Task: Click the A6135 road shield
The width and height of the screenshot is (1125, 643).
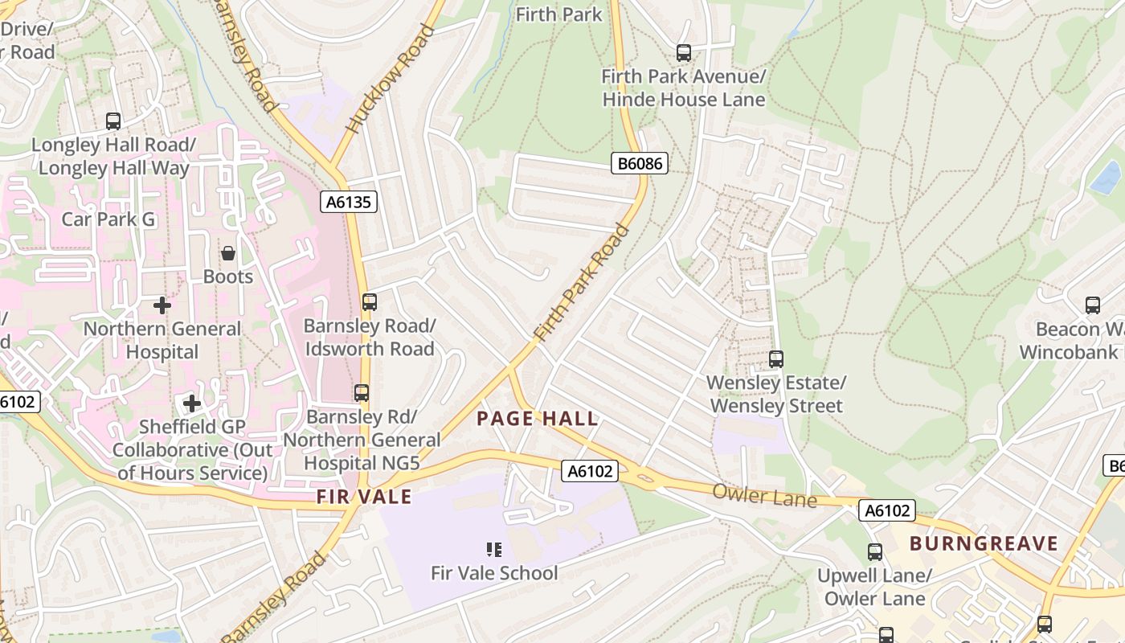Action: click(350, 202)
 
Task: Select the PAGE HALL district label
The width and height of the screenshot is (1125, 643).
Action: click(538, 418)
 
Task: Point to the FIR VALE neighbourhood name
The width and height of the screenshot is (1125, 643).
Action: click(364, 497)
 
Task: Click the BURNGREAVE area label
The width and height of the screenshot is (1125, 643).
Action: click(984, 543)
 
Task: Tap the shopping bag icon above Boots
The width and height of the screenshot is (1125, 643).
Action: click(228, 253)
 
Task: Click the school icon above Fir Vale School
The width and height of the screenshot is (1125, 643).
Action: click(494, 550)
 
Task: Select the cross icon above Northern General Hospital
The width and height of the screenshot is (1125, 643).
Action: click(162, 305)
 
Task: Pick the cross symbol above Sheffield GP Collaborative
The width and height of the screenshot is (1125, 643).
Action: click(191, 403)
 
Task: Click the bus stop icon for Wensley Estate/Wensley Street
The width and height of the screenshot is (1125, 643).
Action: click(776, 359)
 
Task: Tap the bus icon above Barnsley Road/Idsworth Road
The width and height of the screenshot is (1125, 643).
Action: click(370, 302)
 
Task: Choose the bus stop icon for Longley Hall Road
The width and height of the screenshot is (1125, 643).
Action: click(113, 121)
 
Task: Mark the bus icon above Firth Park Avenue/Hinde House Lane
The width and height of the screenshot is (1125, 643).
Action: click(684, 53)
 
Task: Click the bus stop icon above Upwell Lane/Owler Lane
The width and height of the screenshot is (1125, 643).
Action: click(874, 552)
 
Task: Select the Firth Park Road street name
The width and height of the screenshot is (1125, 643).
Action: click(583, 283)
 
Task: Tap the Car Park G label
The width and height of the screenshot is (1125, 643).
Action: click(109, 219)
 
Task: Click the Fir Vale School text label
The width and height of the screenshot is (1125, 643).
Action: click(494, 573)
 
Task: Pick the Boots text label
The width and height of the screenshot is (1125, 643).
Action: click(228, 276)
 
